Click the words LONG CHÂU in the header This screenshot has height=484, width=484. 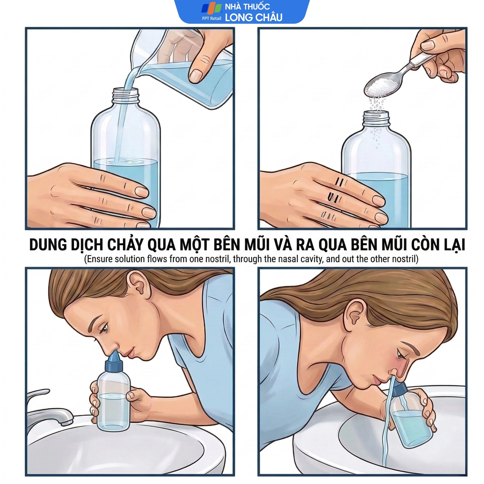pyautogui.click(x=254, y=17)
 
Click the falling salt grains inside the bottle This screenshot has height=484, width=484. pyautogui.click(x=376, y=137)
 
